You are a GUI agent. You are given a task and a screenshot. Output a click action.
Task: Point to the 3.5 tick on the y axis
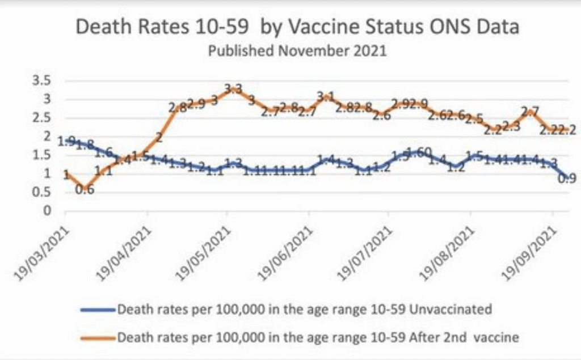44,81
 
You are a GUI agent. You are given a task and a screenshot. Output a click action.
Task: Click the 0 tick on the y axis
48,211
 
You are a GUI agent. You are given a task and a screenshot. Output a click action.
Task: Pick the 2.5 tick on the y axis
44,118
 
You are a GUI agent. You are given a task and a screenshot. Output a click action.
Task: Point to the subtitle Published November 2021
297,51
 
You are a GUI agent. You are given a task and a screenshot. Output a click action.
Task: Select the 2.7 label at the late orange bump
529,111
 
